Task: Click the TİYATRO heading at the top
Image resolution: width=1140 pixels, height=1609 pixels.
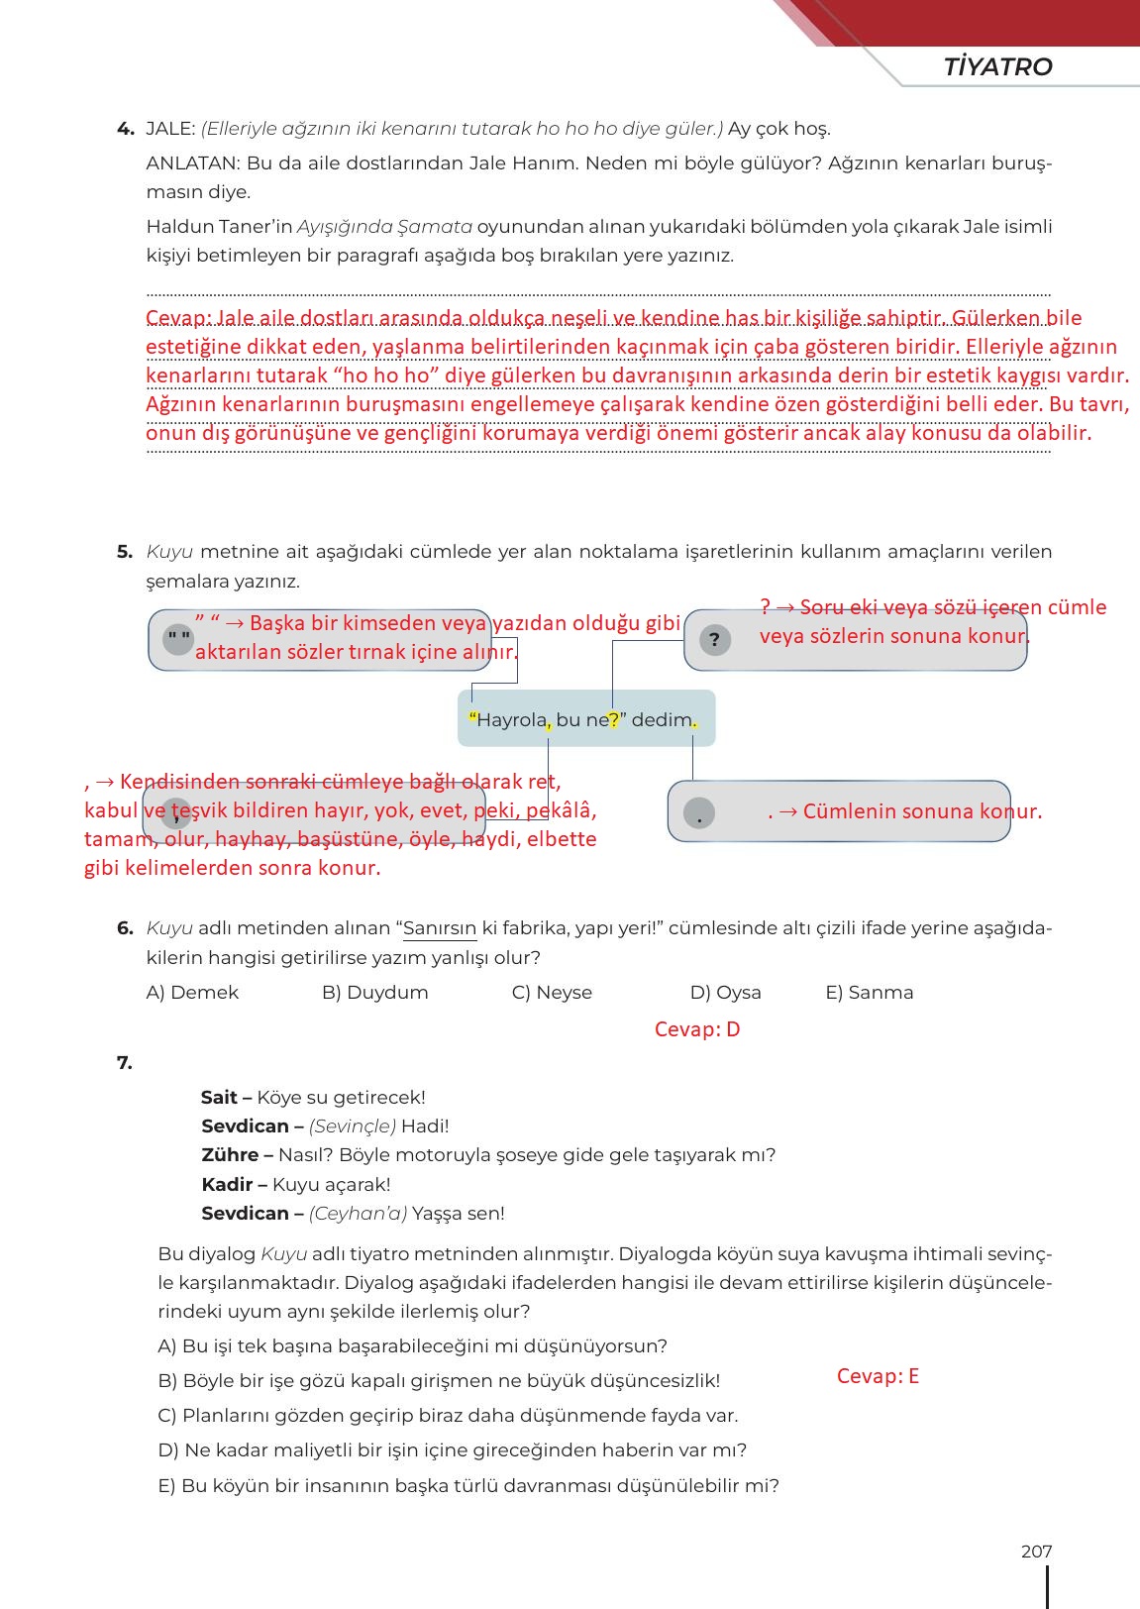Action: click(997, 66)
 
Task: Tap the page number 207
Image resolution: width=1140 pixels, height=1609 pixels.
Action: click(1036, 1552)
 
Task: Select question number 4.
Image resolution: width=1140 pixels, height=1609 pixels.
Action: click(125, 129)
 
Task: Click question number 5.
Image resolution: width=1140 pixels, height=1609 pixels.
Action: click(125, 552)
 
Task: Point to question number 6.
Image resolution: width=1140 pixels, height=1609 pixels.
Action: click(125, 928)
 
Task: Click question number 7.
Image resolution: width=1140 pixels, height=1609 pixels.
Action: click(125, 1063)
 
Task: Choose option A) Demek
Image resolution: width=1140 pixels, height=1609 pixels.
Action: click(192, 993)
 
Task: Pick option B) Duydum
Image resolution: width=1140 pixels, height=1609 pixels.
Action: click(374, 993)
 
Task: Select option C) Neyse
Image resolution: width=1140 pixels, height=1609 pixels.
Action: click(552, 993)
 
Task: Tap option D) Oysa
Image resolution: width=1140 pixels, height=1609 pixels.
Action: click(725, 993)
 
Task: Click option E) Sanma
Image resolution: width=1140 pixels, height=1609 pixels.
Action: click(869, 993)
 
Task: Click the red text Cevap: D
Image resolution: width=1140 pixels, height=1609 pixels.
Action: click(697, 1029)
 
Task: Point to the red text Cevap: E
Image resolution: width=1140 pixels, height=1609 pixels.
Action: click(878, 1376)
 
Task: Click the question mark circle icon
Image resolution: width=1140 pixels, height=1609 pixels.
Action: click(714, 640)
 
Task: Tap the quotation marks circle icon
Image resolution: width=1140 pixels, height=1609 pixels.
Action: click(178, 639)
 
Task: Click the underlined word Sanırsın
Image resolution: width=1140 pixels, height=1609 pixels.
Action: click(440, 929)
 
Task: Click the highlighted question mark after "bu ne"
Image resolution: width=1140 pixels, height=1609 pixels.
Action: click(614, 720)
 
